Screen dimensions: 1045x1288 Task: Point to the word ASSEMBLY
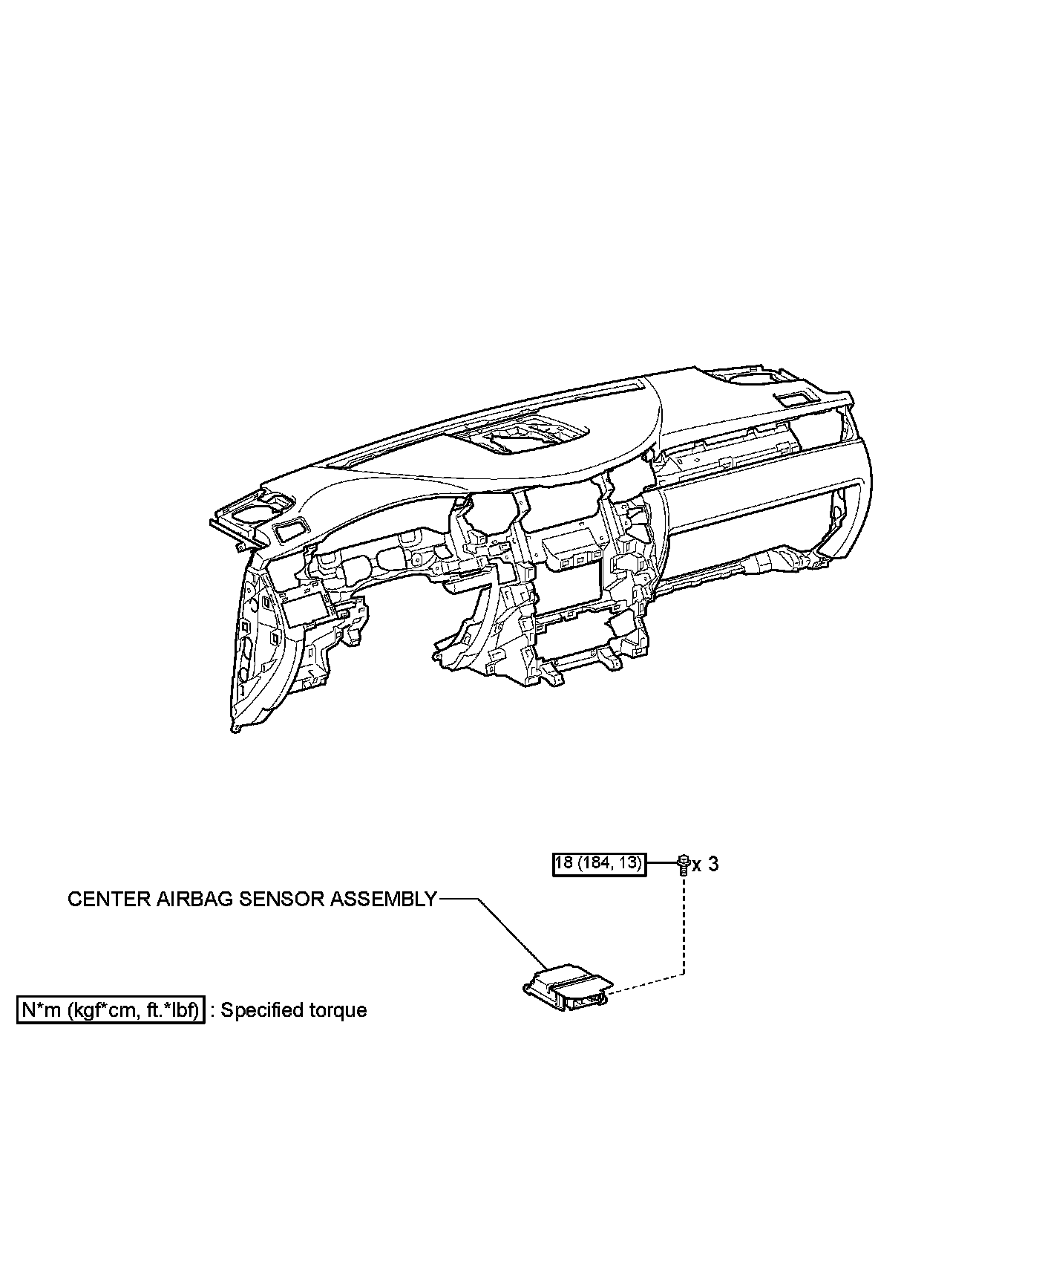[384, 900]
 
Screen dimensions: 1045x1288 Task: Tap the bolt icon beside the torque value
[683, 865]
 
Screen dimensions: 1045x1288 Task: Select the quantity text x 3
[706, 864]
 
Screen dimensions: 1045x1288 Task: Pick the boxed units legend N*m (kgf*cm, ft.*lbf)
[111, 1010]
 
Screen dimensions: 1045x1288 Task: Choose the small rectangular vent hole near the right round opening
[793, 397]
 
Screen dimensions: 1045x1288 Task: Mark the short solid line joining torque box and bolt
[662, 864]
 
